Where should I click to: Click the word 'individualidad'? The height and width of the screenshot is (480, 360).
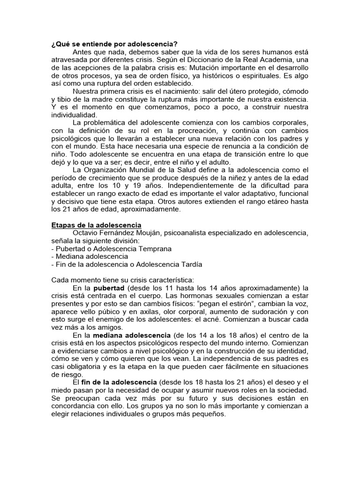74,115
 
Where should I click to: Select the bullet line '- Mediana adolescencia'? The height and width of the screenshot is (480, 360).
90,256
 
